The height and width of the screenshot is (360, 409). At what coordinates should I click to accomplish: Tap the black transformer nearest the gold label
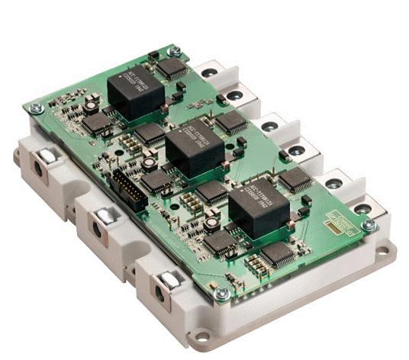click(257, 205)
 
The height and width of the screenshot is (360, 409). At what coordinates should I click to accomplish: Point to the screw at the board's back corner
click(174, 52)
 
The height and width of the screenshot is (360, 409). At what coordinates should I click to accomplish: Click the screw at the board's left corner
click(35, 108)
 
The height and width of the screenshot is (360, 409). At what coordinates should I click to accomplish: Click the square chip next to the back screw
click(173, 69)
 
